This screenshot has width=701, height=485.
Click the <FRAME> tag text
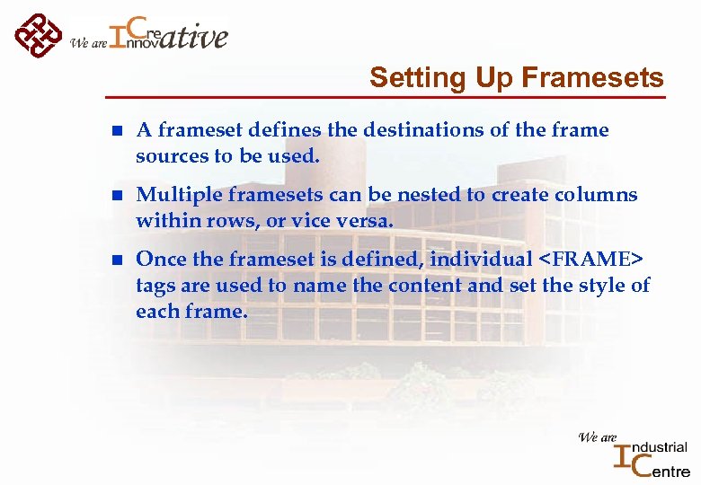[591, 260]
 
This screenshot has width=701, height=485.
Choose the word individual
[481, 260]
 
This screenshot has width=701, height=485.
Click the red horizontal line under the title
[386, 95]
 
